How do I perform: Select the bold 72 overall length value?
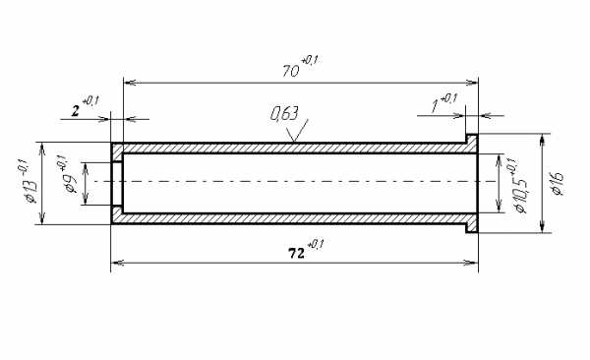(296, 254)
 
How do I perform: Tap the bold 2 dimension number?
(76, 111)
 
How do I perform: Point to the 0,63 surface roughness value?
(284, 114)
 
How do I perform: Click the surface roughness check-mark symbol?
(297, 130)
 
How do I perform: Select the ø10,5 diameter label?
(520, 193)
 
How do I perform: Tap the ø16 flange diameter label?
(557, 184)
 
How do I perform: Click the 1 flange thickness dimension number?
(436, 106)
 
